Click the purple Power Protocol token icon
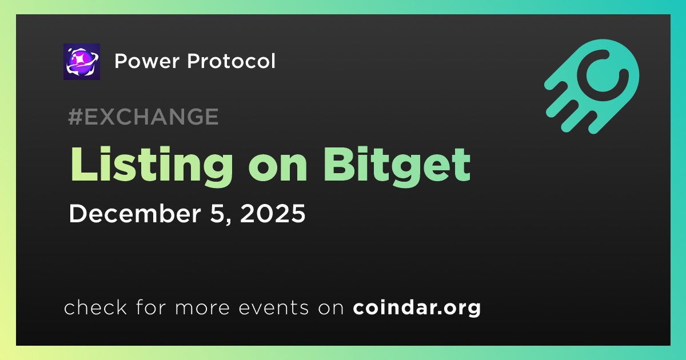pyautogui.click(x=82, y=62)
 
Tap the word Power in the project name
pyautogui.click(x=147, y=61)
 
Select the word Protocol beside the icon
pyautogui.click(x=231, y=61)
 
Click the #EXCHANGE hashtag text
pyautogui.click(x=143, y=117)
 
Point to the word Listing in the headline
pyautogui.click(x=152, y=167)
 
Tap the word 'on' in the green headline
pyautogui.click(x=278, y=169)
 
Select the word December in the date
pyautogui.click(x=135, y=213)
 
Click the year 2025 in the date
pyautogui.click(x=273, y=213)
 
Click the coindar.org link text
pyautogui.click(x=417, y=308)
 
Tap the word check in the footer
pyautogui.click(x=95, y=307)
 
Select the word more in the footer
pyautogui.click(x=202, y=308)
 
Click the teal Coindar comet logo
pyautogui.click(x=592, y=86)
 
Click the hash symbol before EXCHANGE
pyautogui.click(x=75, y=117)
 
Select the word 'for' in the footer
pyautogui.click(x=151, y=307)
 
